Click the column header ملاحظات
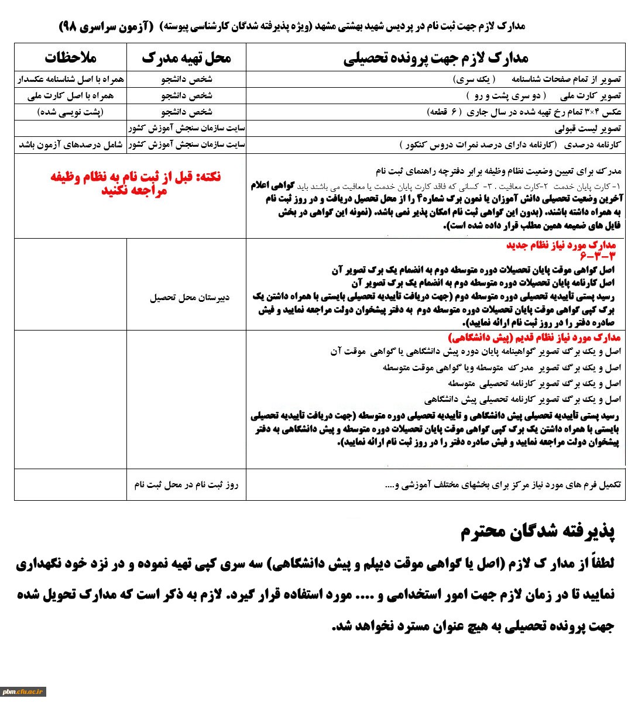coord(70,57)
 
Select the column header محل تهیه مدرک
coord(186,57)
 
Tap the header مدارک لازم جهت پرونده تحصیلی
coord(435,57)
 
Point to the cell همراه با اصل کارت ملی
coord(70,95)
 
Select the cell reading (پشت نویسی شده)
coord(70,112)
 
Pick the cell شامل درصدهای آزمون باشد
coord(70,144)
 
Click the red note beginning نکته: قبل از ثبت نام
coord(135,183)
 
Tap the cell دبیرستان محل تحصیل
coord(190,297)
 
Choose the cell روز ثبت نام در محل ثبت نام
coord(186,484)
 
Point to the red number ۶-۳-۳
coord(598,256)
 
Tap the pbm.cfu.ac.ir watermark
coord(23,691)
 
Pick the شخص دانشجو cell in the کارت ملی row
coord(186,95)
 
